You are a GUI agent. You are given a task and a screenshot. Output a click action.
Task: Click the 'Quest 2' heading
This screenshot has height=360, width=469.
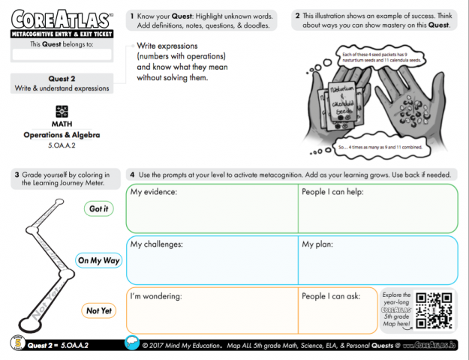[x=62, y=78]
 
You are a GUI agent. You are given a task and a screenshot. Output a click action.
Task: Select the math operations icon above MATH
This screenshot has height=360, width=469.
[x=62, y=111]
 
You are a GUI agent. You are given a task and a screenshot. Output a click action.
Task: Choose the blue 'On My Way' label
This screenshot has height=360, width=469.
[x=99, y=260]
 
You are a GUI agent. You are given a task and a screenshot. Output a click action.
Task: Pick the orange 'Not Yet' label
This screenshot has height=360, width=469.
[x=98, y=310]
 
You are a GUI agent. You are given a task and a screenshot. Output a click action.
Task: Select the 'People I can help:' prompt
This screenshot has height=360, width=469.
[x=335, y=192]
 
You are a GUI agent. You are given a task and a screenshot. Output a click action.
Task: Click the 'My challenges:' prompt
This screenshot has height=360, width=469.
[x=156, y=244]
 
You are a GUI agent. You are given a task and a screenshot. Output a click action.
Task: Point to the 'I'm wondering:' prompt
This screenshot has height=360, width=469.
[x=157, y=295]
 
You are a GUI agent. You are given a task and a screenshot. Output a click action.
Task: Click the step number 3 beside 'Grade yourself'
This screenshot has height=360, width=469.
[x=16, y=175]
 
